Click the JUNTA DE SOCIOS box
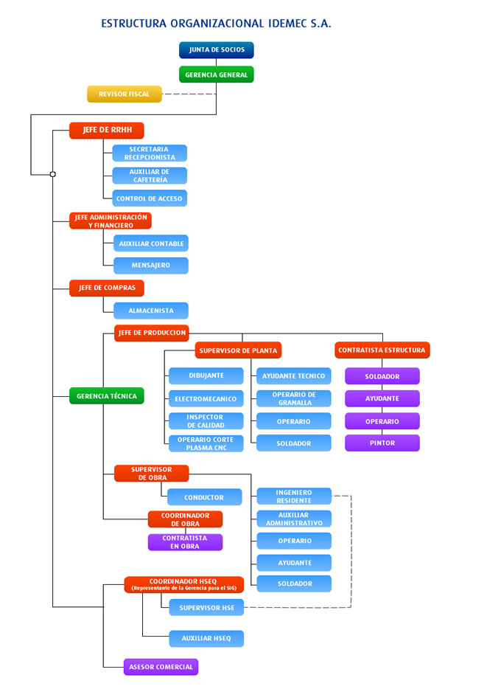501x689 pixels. (x=217, y=50)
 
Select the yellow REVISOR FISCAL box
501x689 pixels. (x=125, y=94)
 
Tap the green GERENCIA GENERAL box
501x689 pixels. (x=217, y=75)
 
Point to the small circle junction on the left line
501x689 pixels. (x=52, y=175)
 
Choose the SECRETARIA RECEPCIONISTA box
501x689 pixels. (x=150, y=153)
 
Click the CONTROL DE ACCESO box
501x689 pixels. (x=150, y=198)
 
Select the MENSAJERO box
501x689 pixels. (x=151, y=266)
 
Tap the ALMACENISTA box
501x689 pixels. (x=151, y=311)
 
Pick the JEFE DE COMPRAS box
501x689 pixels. (x=107, y=288)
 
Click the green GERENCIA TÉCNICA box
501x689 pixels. (x=107, y=396)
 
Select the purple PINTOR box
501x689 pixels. (x=382, y=443)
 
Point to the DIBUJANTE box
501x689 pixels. (x=206, y=376)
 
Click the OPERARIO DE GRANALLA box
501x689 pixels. (x=293, y=399)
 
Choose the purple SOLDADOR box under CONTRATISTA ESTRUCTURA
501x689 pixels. (x=382, y=377)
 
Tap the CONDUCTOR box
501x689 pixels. (x=204, y=498)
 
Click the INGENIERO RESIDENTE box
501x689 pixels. (x=293, y=496)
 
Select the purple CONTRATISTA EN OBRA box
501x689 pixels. (x=185, y=542)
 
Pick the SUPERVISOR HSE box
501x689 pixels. (x=206, y=608)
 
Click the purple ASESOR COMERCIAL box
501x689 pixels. (x=161, y=667)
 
